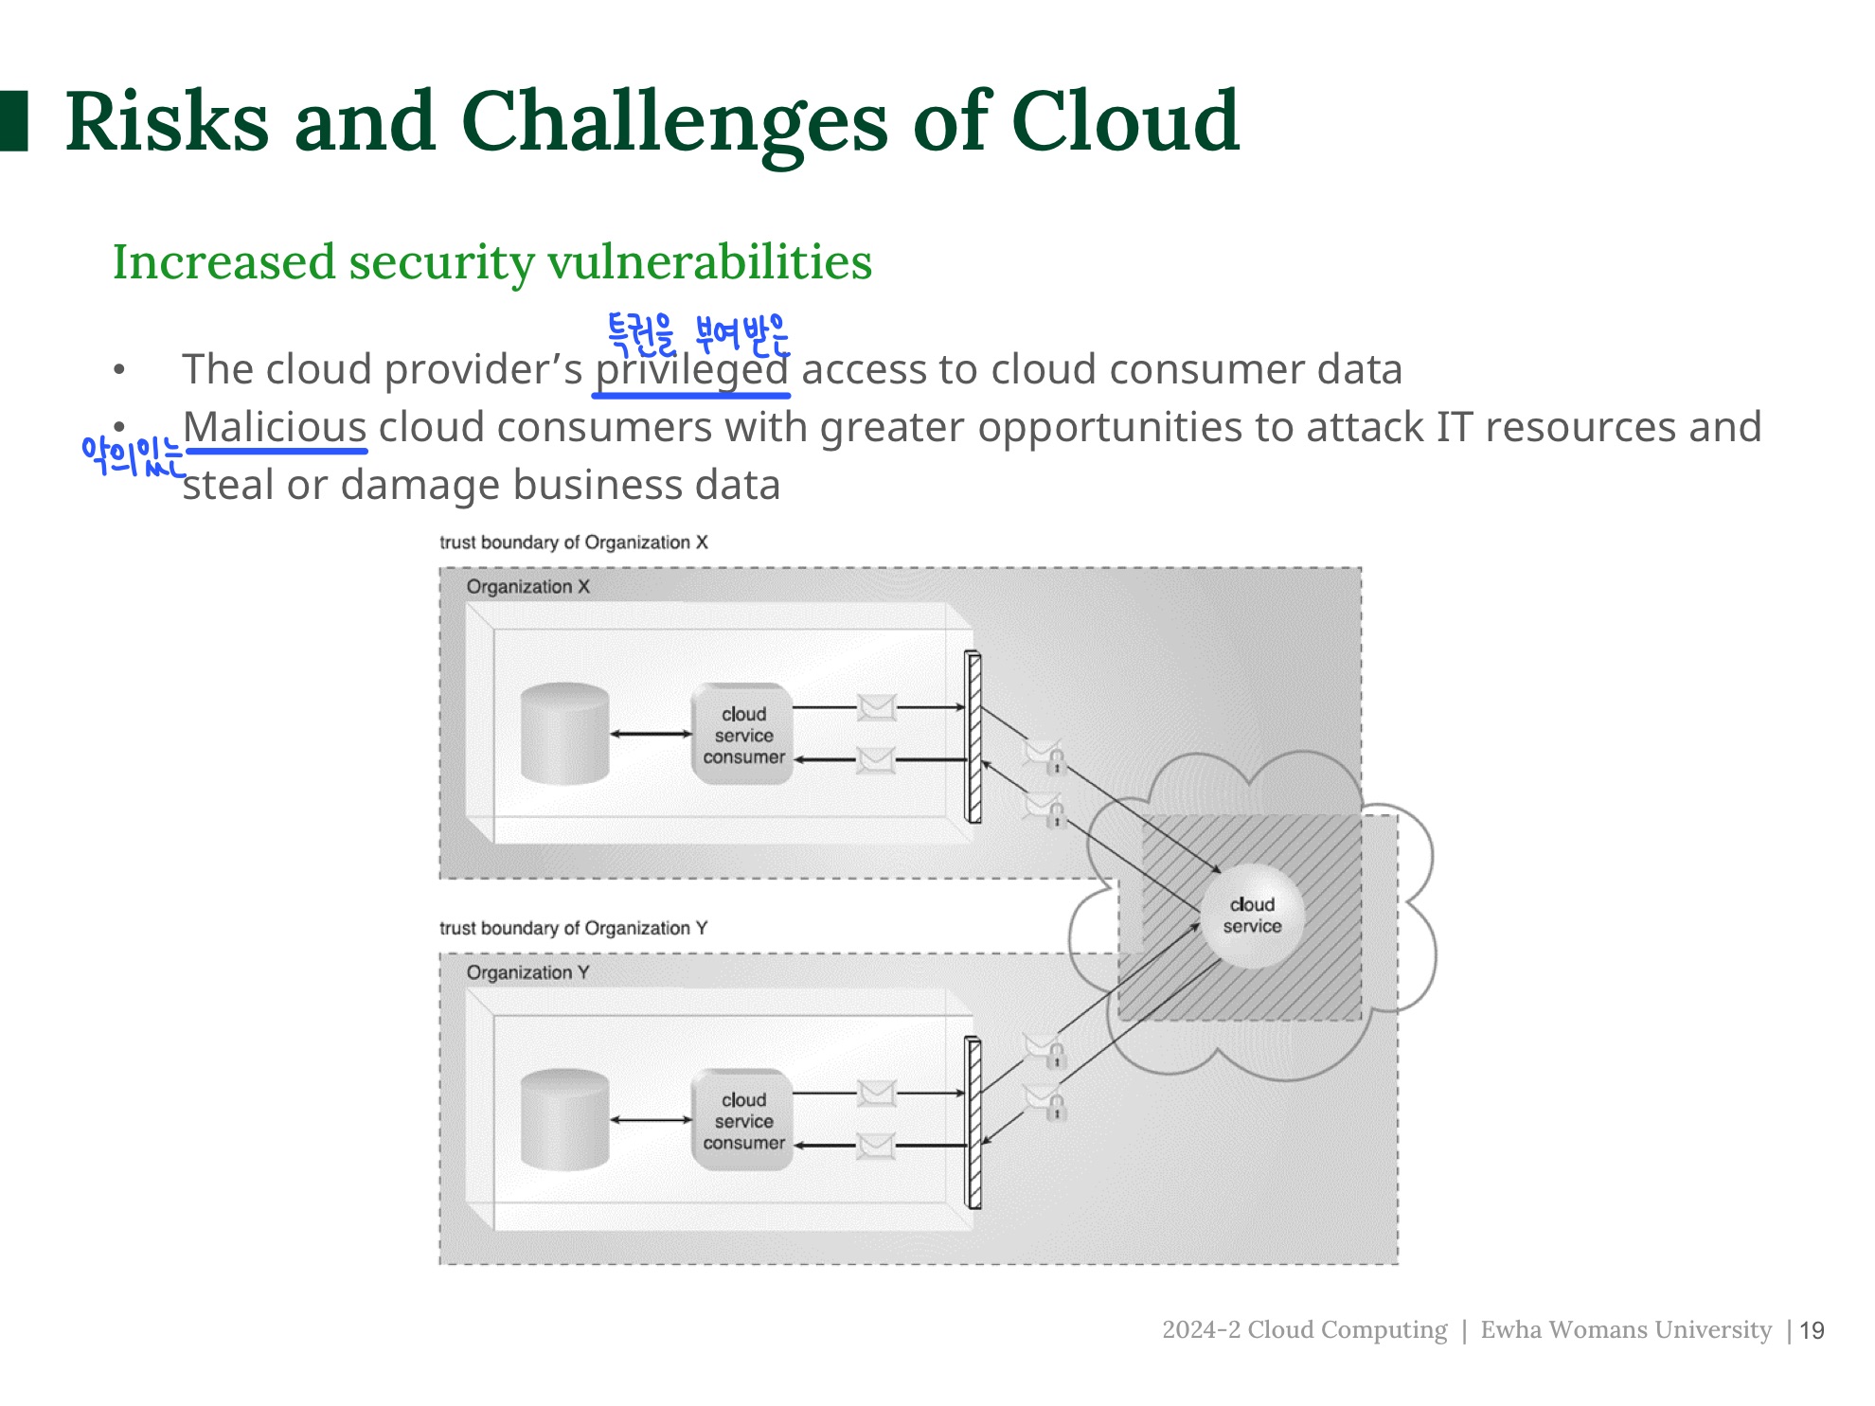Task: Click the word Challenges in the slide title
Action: (x=674, y=123)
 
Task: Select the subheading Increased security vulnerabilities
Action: (x=491, y=262)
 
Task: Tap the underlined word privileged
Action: (x=691, y=370)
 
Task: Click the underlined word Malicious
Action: (x=275, y=427)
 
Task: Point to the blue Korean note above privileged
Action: (x=698, y=334)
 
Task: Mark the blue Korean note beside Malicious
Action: (x=132, y=456)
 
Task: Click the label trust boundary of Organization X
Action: (x=573, y=543)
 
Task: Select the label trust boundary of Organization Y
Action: (x=573, y=928)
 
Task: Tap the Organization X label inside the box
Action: (x=527, y=587)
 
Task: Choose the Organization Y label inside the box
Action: (x=527, y=972)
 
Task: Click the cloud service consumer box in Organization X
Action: (x=742, y=735)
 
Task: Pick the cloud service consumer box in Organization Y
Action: (x=742, y=1121)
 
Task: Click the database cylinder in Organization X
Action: (x=564, y=733)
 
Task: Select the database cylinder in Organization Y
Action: (x=564, y=1119)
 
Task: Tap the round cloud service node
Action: (x=1252, y=916)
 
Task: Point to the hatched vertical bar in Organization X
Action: (x=973, y=737)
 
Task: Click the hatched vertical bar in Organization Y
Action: (x=973, y=1123)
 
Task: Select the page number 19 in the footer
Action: (x=1812, y=1331)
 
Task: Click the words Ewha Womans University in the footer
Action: (x=1625, y=1330)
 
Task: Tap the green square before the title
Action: (x=14, y=121)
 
